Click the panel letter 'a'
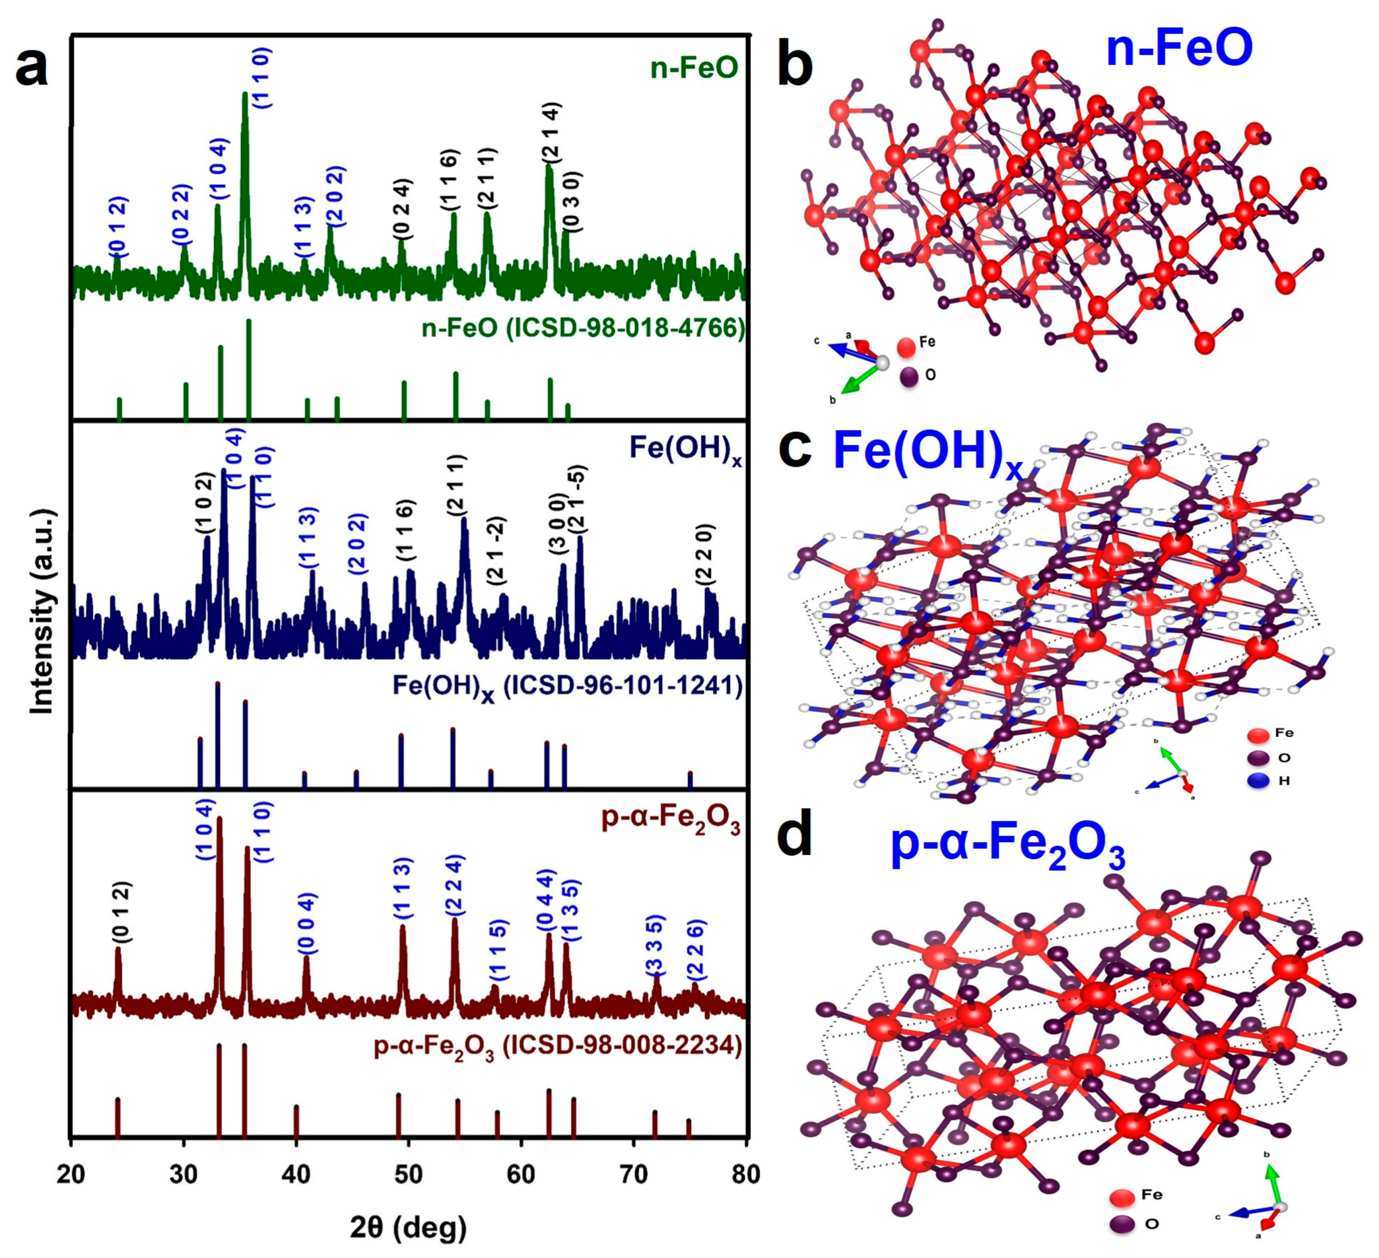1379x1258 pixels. point(32,69)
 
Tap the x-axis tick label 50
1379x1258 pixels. point(409,1174)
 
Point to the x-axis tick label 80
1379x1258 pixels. point(746,1174)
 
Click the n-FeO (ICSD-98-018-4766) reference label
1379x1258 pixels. point(583,328)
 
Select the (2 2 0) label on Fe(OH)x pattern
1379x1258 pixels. point(705,555)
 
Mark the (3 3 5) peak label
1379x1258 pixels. point(655,945)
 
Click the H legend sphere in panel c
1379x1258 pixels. point(1258,780)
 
